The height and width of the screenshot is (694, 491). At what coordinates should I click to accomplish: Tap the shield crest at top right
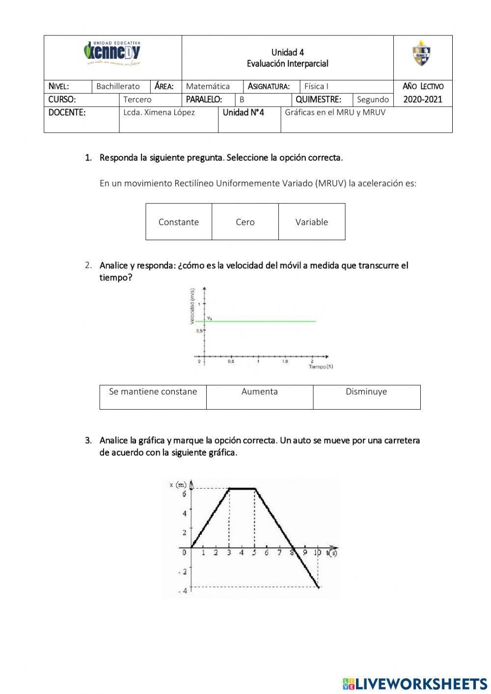point(421,53)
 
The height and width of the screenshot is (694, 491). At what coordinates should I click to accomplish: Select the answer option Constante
point(179,222)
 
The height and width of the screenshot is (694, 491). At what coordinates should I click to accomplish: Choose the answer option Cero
point(245,222)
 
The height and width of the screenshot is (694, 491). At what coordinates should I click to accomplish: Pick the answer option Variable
point(312,222)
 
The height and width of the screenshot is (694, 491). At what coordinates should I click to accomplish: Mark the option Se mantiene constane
point(153,392)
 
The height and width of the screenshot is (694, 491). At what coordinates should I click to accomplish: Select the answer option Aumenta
point(259,392)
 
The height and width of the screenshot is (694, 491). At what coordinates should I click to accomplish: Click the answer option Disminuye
point(366,392)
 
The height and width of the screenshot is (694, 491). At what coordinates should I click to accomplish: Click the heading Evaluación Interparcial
point(287,64)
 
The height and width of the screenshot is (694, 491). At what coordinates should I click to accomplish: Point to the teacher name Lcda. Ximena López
point(159,112)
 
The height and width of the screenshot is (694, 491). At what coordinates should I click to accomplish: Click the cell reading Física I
point(316,86)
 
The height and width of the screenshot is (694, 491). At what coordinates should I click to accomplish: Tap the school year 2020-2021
point(423,99)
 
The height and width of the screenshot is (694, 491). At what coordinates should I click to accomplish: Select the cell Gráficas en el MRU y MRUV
point(335,112)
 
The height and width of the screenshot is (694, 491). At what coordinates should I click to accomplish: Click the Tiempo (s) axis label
point(321,367)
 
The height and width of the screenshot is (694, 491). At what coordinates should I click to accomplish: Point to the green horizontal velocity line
point(260,321)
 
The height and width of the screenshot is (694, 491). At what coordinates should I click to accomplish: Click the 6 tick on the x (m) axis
point(185,493)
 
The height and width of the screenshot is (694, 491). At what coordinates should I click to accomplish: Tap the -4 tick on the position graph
point(183,591)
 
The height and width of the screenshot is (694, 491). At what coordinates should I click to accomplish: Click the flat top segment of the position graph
point(242,488)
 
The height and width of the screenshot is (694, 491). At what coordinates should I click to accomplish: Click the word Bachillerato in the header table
point(118,86)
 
